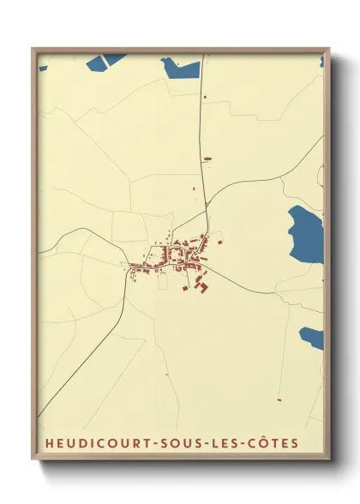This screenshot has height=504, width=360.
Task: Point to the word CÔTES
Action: (271, 443)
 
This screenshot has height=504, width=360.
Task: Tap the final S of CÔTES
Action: (295, 443)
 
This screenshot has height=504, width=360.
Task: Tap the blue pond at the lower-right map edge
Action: (314, 338)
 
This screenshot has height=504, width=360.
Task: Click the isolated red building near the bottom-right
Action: (279, 399)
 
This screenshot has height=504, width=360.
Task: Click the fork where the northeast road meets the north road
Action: (207, 207)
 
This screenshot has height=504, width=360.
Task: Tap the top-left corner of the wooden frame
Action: (33, 49)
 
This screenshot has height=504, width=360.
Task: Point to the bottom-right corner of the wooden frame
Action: (329, 459)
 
